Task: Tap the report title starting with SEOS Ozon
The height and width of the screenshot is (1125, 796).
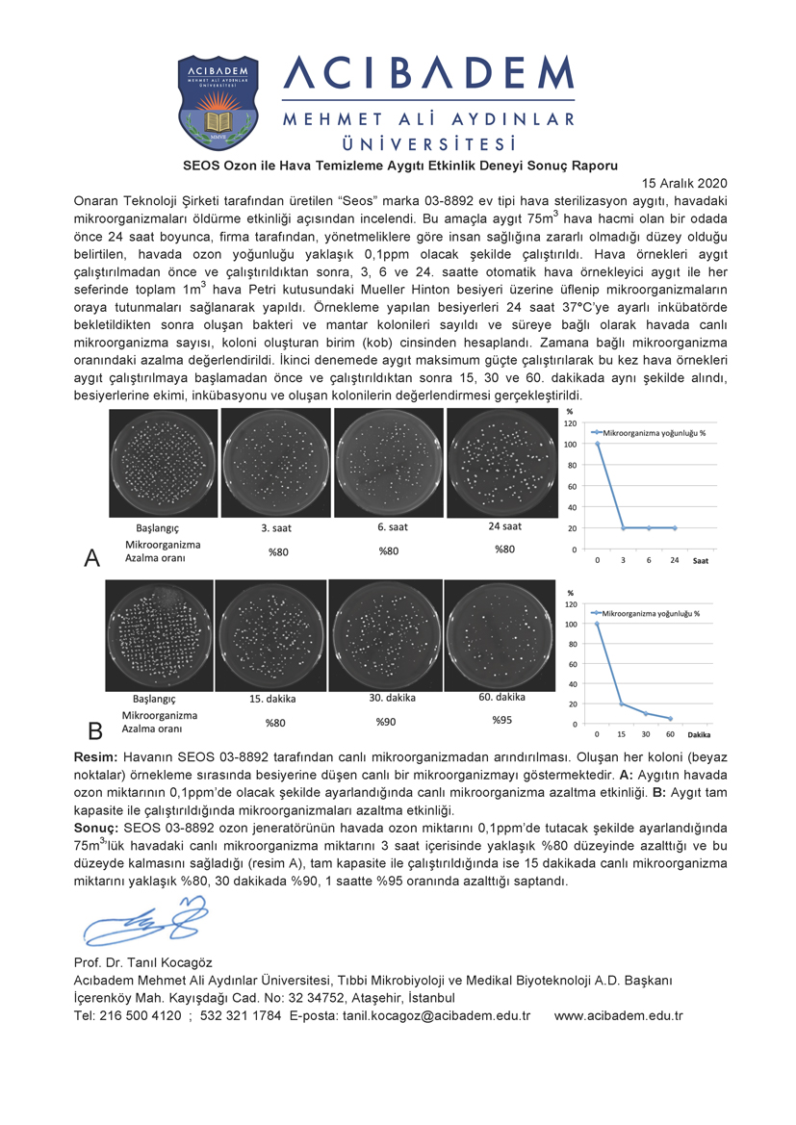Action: (399, 165)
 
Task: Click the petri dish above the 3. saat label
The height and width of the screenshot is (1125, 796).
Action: (277, 464)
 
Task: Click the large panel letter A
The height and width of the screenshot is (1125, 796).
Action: (92, 558)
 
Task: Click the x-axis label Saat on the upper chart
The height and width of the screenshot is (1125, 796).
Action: (703, 560)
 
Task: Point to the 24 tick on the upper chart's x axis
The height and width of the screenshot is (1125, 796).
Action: (674, 560)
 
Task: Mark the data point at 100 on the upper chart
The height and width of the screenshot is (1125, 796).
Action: (598, 445)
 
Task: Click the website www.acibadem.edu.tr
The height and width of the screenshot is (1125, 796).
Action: (619, 1015)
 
